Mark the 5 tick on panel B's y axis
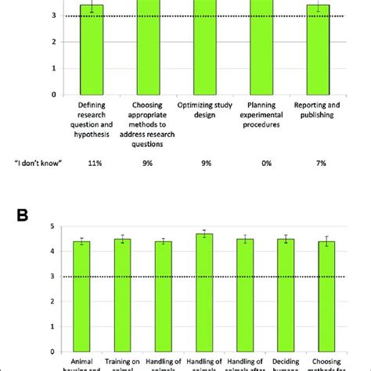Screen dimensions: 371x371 52,227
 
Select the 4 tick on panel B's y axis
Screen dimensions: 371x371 52,252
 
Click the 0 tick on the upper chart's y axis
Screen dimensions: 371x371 52,95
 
